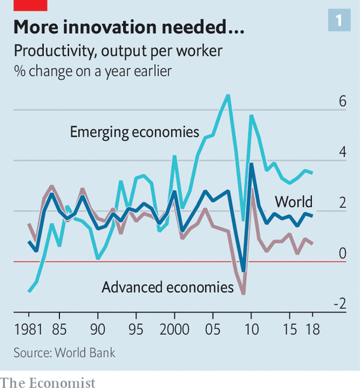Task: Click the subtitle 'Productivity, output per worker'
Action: [118, 52]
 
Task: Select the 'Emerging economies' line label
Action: [134, 131]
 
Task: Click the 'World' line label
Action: [293, 201]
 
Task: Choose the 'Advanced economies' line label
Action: [167, 288]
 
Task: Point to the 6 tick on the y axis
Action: [343, 101]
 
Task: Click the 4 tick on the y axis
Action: [343, 152]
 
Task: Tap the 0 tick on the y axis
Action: [343, 254]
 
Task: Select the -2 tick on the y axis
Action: [340, 304]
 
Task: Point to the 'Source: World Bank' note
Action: [64, 352]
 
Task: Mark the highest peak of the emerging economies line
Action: [227, 95]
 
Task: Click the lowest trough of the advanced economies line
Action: [243, 294]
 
